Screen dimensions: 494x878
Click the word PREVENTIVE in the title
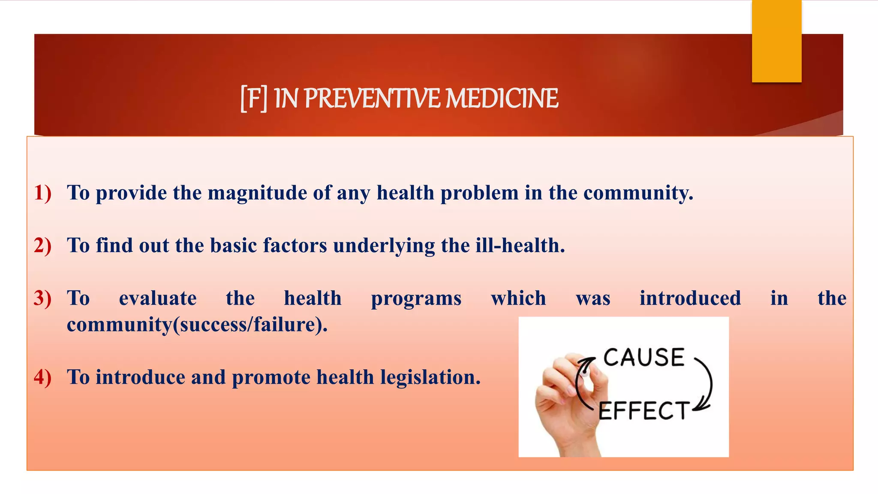click(372, 99)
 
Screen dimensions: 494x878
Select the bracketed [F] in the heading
click(253, 99)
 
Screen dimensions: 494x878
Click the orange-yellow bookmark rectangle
click(776, 41)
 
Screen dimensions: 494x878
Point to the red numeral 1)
click(43, 193)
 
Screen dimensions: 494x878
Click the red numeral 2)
click(43, 245)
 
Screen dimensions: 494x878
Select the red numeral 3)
click(43, 298)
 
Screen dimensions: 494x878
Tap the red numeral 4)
click(43, 377)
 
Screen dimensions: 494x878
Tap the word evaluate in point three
click(158, 298)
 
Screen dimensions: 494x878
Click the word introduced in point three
click(690, 298)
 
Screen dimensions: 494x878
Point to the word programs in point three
click(416, 299)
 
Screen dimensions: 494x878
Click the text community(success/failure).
click(197, 325)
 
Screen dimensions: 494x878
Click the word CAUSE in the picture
click(643, 358)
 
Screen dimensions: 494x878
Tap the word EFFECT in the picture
click(643, 411)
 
